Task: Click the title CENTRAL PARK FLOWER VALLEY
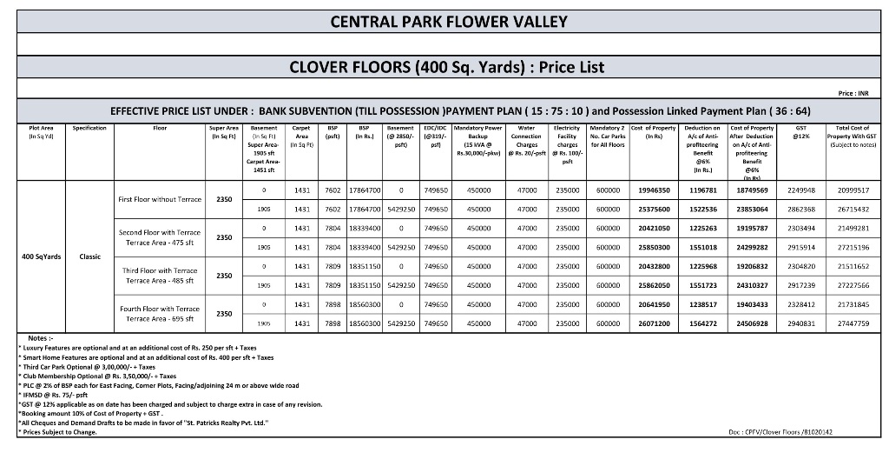[x=449, y=22]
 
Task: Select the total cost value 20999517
[x=853, y=190]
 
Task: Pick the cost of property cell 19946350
[x=653, y=190]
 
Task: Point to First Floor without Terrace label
[x=159, y=199]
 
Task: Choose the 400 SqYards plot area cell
[x=41, y=256]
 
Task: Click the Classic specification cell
[x=89, y=256]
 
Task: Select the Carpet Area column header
[x=301, y=136]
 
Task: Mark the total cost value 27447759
[x=853, y=323]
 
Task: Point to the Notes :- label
[x=41, y=337]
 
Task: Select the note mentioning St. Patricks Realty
[x=143, y=423]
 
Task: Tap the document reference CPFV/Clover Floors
[x=780, y=431]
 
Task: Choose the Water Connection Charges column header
[x=526, y=136]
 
